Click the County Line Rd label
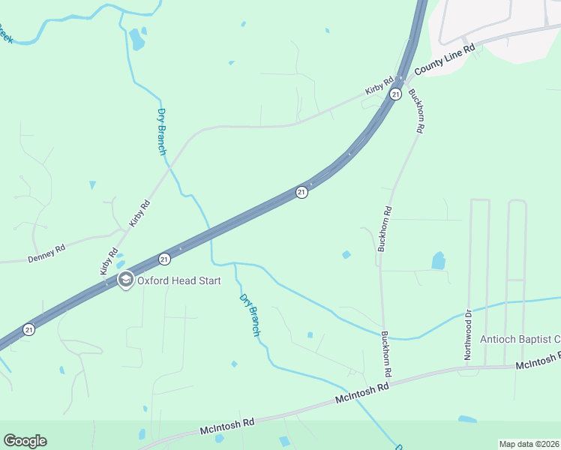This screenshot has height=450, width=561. [445, 58]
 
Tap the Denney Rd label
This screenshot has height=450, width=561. [46, 252]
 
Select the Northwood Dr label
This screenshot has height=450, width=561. [467, 334]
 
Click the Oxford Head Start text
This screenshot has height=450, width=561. [178, 280]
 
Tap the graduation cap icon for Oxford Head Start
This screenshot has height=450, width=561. [125, 280]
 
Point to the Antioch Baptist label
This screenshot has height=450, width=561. [520, 340]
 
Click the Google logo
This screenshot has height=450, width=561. [25, 441]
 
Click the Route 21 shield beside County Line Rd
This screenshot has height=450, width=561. [395, 94]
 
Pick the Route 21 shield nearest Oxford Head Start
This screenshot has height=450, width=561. [164, 259]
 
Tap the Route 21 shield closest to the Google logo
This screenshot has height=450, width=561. [28, 329]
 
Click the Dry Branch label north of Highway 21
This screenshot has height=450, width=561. [161, 132]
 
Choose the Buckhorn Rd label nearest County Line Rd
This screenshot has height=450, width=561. [417, 111]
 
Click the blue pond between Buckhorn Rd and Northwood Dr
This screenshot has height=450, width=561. [438, 260]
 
